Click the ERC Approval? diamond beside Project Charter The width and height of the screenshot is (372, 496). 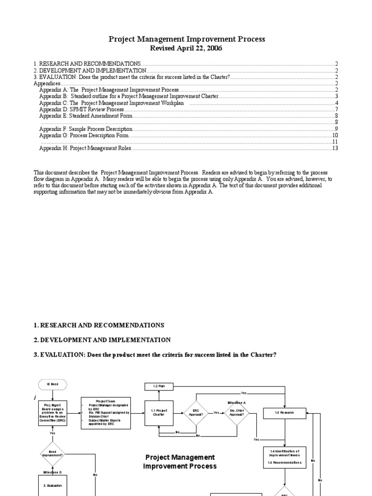pyautogui.click(x=196, y=413)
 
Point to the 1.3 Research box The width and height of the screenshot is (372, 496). pyautogui.click(x=284, y=413)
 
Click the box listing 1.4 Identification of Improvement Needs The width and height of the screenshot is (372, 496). pyautogui.click(x=285, y=457)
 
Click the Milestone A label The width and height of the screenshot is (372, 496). pyautogui.click(x=237, y=402)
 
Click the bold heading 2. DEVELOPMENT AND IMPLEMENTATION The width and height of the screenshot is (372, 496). pyautogui.click(x=102, y=340)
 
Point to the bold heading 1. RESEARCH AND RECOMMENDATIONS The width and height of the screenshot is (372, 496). pyautogui.click(x=99, y=325)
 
